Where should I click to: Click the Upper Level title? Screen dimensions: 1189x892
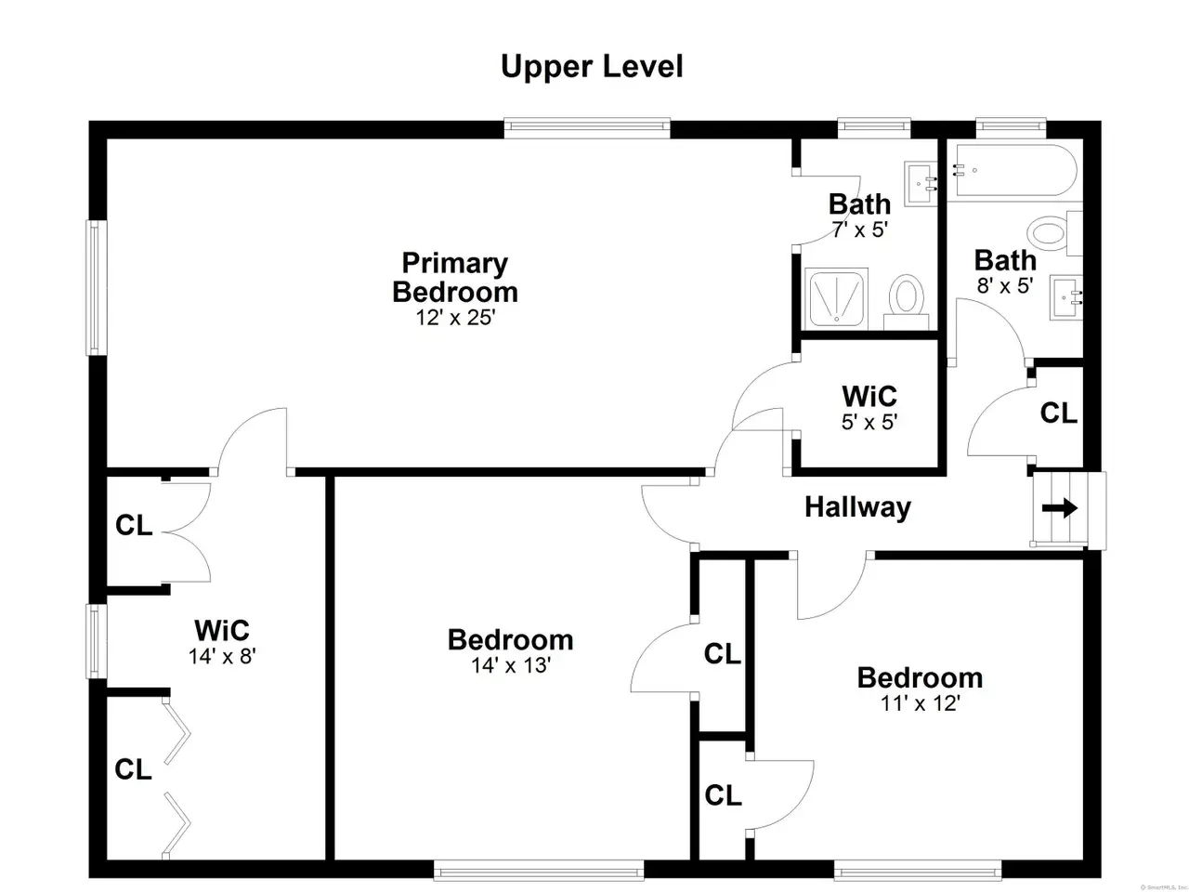[x=592, y=67]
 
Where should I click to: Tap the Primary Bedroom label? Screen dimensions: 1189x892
[x=454, y=277]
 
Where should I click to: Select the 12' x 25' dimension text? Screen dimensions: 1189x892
[x=455, y=318]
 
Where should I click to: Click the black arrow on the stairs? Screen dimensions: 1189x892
[x=1060, y=508]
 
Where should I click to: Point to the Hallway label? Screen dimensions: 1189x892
[x=857, y=507]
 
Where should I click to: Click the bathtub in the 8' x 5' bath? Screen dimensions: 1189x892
[x=1015, y=170]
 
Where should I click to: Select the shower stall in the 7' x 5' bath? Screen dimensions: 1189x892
[x=836, y=298]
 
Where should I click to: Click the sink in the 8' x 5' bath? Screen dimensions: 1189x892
[x=1066, y=297]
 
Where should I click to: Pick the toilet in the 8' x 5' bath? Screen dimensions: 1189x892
[x=1055, y=233]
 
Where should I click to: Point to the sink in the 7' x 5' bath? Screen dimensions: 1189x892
[x=921, y=184]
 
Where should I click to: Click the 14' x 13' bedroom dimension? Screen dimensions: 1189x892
[x=511, y=665]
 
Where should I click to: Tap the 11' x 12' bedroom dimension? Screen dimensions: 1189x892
[x=921, y=703]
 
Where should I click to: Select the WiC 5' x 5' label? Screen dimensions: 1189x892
[x=869, y=407]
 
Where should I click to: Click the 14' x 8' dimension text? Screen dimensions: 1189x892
[x=222, y=656]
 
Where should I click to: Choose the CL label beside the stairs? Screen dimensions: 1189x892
[x=1058, y=413]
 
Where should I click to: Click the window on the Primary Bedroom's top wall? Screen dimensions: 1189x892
[x=587, y=128]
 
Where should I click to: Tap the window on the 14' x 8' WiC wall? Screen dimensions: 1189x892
[x=96, y=641]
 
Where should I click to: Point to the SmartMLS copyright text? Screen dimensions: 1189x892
[x=1164, y=887]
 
